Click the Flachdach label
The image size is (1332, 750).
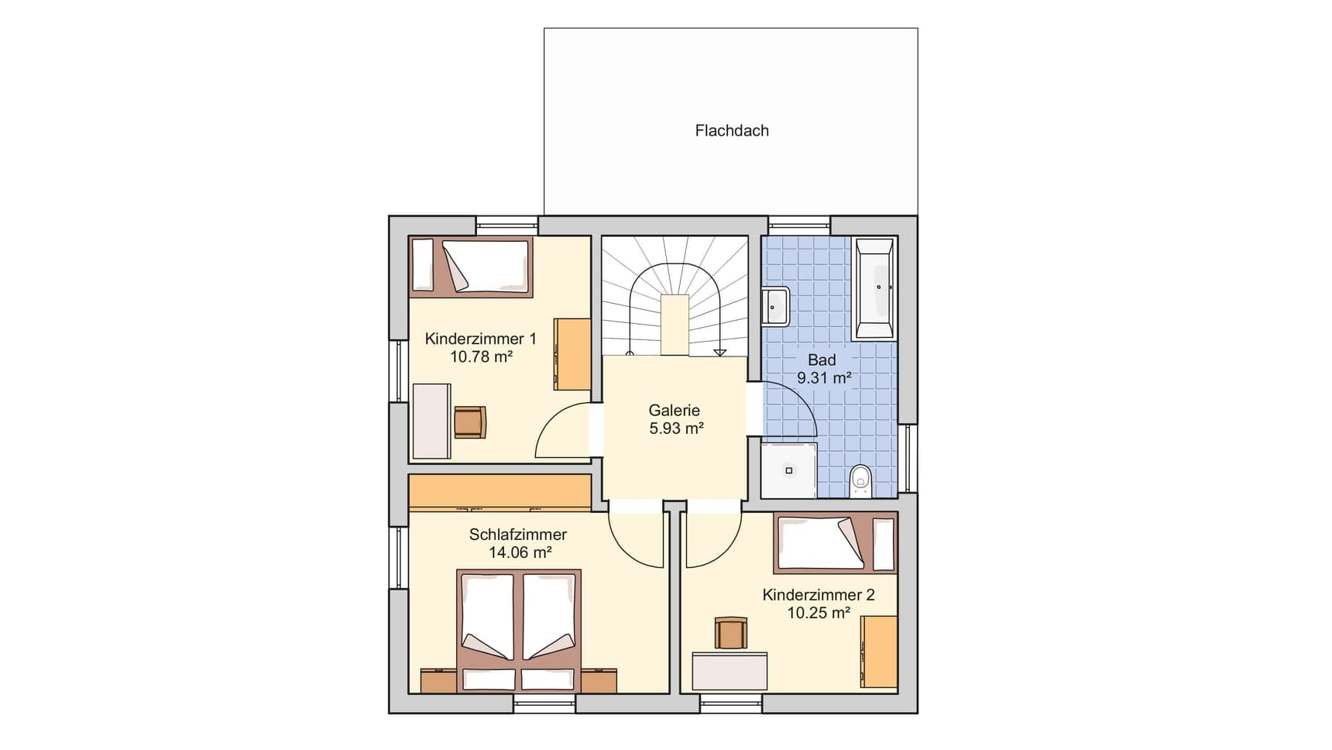732,131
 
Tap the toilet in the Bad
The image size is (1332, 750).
861,480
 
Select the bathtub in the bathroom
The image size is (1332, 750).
874,289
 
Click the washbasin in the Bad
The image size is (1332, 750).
774,307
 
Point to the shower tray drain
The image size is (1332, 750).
789,470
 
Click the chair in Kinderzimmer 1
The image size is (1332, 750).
470,422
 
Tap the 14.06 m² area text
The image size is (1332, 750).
520,552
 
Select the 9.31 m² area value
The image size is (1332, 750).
824,378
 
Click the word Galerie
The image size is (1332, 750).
675,411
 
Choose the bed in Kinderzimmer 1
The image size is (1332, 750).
472,267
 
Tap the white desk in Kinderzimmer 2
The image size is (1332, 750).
730,671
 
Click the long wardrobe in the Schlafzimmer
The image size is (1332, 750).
499,493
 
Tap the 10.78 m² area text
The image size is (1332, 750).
482,356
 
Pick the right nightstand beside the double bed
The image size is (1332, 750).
599,680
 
